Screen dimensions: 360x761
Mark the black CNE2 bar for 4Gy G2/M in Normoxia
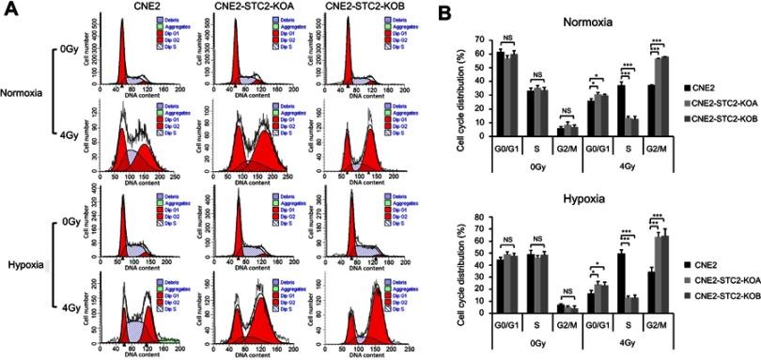click(651, 110)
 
